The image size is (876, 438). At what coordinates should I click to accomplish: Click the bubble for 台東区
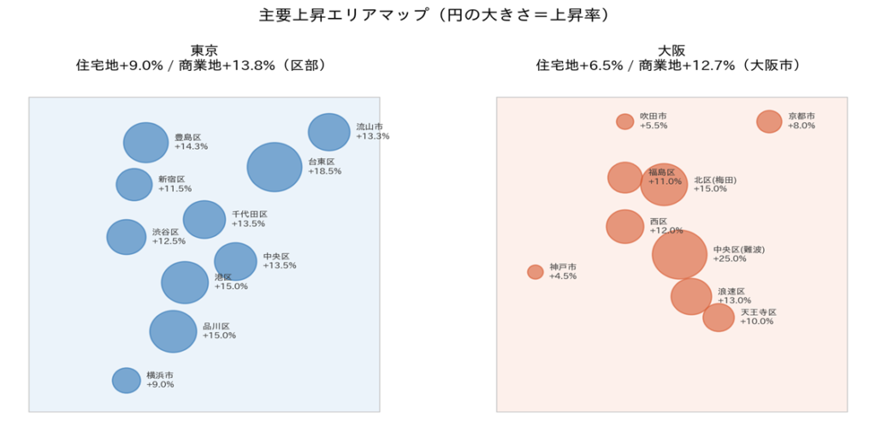tap(274, 167)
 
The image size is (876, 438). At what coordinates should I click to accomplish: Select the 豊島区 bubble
tap(145, 143)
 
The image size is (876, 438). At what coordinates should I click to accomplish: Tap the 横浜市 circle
tap(126, 381)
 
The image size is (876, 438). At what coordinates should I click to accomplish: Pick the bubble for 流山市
tap(328, 132)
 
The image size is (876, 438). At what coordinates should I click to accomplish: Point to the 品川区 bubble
tap(173, 332)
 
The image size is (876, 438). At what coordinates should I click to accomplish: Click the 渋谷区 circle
tap(126, 237)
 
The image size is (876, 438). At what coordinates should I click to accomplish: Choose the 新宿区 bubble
tap(133, 184)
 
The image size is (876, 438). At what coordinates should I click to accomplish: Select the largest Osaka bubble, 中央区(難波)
tap(679, 254)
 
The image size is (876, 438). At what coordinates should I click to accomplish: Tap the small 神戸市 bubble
tap(536, 272)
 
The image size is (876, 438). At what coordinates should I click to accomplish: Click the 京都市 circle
tap(769, 121)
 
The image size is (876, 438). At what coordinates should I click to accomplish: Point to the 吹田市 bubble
tap(625, 121)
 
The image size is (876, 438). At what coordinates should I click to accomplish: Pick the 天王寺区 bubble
tap(719, 317)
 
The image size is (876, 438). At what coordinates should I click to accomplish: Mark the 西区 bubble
tap(625, 227)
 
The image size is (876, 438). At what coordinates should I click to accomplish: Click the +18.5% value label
tap(324, 172)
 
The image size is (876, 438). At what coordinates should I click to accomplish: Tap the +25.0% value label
tap(730, 259)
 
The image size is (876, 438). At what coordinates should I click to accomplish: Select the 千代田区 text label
tap(249, 214)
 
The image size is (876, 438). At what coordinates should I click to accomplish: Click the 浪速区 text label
tap(731, 291)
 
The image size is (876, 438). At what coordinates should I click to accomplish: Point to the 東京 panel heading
tap(204, 50)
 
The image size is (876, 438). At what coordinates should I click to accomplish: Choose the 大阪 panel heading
tap(672, 50)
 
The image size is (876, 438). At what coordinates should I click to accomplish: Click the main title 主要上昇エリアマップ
tap(342, 16)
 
